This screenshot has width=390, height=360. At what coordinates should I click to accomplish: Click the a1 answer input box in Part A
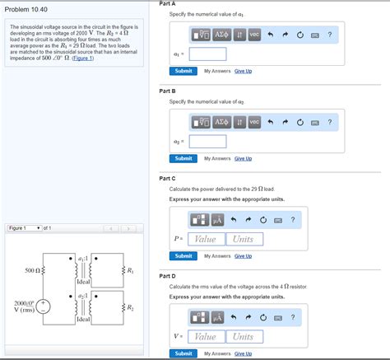pyautogui.click(x=207, y=54)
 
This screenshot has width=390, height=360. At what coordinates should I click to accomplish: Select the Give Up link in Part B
pyautogui.click(x=243, y=158)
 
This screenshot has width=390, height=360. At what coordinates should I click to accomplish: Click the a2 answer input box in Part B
pyautogui.click(x=207, y=142)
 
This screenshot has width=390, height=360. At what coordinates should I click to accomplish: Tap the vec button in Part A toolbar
pyautogui.click(x=254, y=35)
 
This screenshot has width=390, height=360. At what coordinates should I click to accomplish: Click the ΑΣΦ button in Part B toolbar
pyautogui.click(x=221, y=122)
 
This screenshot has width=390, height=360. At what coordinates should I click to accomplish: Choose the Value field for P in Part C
pyautogui.click(x=205, y=239)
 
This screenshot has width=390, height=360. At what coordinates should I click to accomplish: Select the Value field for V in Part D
pyautogui.click(x=205, y=336)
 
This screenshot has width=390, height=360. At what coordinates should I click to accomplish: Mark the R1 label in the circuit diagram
pyautogui.click(x=131, y=270)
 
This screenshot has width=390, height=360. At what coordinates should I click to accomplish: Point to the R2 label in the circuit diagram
pyautogui.click(x=131, y=307)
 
